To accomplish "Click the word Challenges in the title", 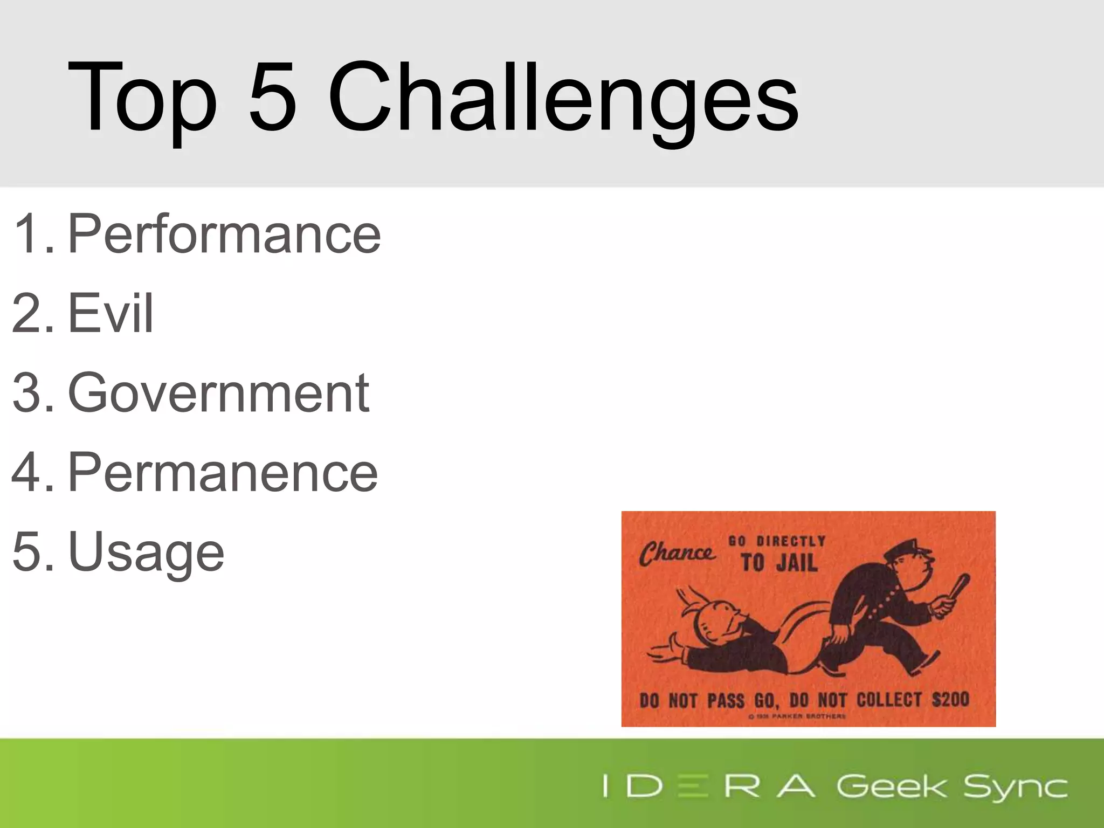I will pos(563,100).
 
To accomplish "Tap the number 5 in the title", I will pos(272,97).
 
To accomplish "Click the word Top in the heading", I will pos(142,100).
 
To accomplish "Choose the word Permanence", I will pos(223,472).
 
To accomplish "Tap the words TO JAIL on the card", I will pos(779,563).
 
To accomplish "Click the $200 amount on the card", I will pos(951,700).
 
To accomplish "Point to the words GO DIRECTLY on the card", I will pos(777,541).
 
